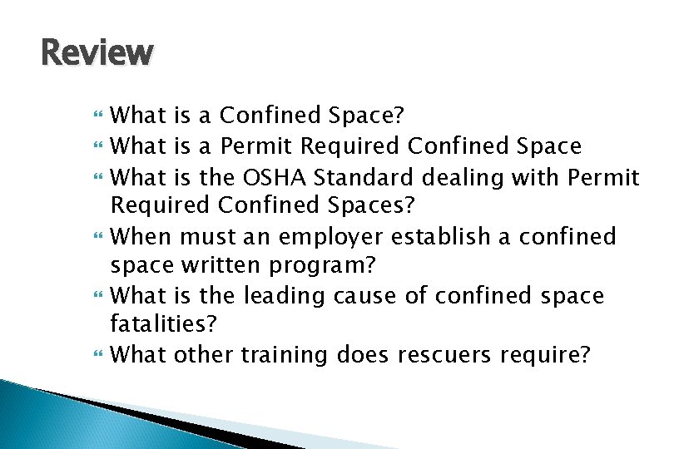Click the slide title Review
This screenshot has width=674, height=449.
coord(97,53)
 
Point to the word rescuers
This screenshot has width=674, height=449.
coord(445,356)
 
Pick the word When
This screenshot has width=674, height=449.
coord(140,237)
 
